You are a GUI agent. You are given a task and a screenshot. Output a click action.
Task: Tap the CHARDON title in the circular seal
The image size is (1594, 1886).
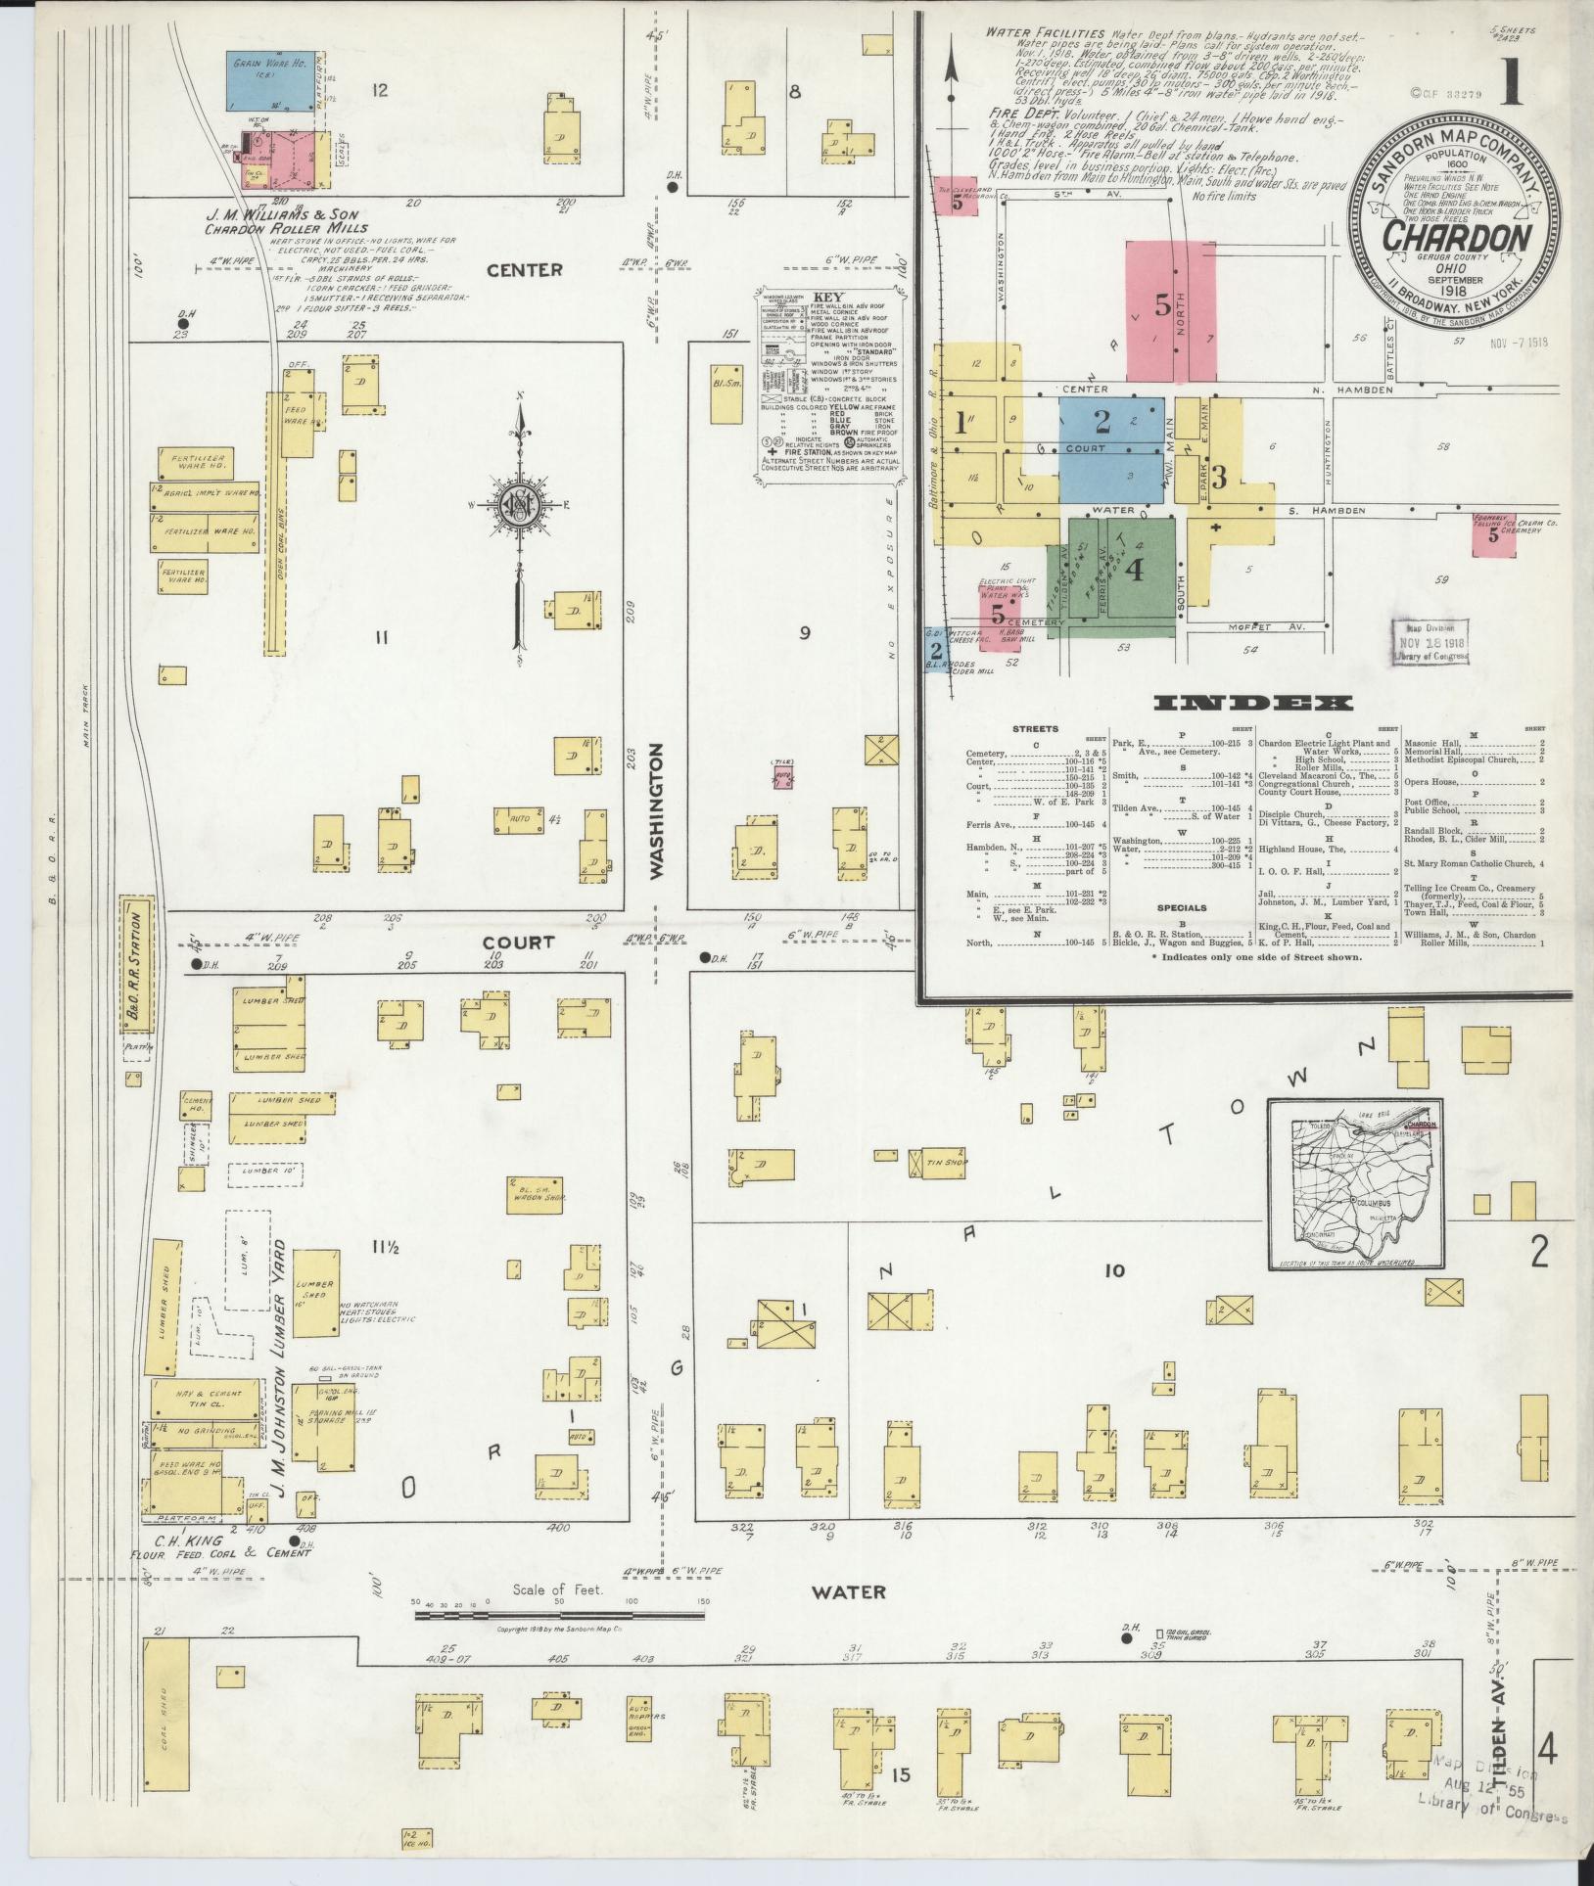click(1458, 238)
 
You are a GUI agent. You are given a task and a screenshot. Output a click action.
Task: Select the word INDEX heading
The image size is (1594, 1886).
click(1254, 703)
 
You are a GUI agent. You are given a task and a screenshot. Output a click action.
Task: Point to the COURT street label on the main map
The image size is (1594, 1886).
click(518, 943)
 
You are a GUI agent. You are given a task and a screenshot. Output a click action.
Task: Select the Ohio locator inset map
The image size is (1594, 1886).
click(1357, 1183)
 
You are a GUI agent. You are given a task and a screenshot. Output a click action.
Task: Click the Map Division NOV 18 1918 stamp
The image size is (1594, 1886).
click(1429, 642)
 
